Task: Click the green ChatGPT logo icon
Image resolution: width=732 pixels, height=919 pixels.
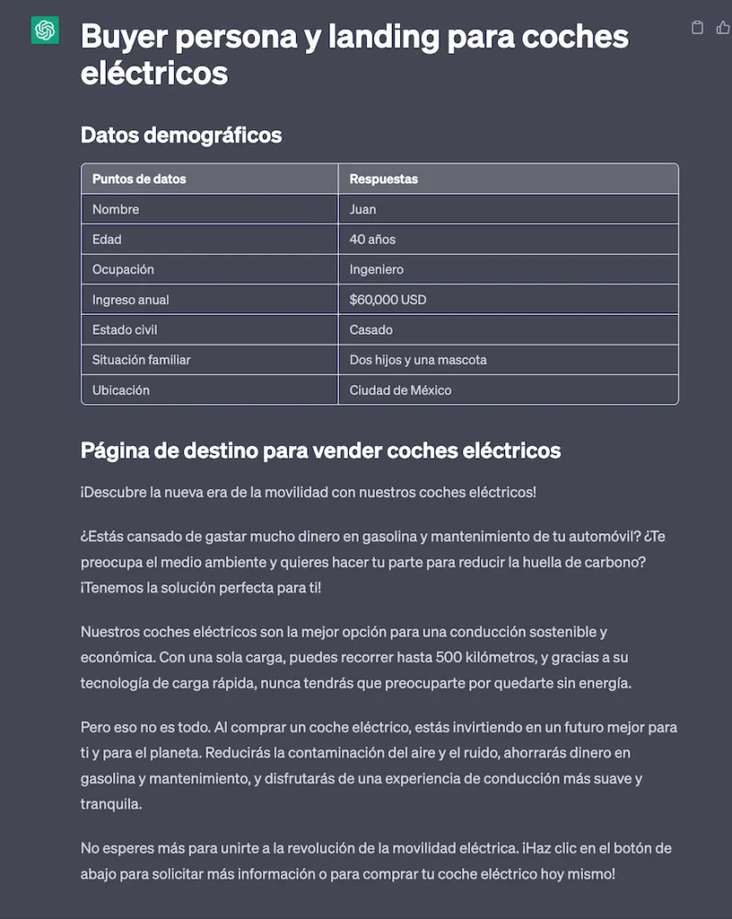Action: (x=45, y=31)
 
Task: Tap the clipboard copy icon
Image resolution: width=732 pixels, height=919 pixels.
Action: (x=697, y=28)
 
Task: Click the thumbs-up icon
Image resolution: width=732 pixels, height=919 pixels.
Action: (x=723, y=28)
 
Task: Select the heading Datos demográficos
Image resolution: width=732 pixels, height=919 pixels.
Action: (x=181, y=136)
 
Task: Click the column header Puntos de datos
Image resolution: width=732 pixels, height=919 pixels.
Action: (x=139, y=179)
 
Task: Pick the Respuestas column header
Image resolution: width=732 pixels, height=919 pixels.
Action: (x=384, y=179)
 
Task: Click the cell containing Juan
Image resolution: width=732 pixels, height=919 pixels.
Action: (x=363, y=209)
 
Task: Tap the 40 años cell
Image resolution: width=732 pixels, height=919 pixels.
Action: (x=372, y=240)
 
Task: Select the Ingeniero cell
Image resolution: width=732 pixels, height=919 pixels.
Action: (x=377, y=269)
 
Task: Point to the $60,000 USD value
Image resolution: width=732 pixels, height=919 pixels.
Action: (x=388, y=300)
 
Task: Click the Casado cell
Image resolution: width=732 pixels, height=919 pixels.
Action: (x=371, y=329)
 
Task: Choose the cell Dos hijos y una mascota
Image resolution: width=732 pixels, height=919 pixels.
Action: (x=418, y=360)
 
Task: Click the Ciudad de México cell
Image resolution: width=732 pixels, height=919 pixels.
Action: (x=400, y=390)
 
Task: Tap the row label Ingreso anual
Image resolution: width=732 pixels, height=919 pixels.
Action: (x=131, y=300)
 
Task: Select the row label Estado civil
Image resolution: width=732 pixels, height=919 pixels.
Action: (x=125, y=329)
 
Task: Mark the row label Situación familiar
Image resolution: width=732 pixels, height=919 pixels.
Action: (x=142, y=360)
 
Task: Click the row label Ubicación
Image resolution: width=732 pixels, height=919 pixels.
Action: (x=121, y=390)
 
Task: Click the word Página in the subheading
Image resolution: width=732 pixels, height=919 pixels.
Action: (x=113, y=451)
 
